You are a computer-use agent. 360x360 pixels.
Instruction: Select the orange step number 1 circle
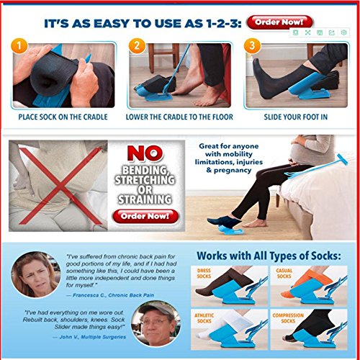tap(19, 49)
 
